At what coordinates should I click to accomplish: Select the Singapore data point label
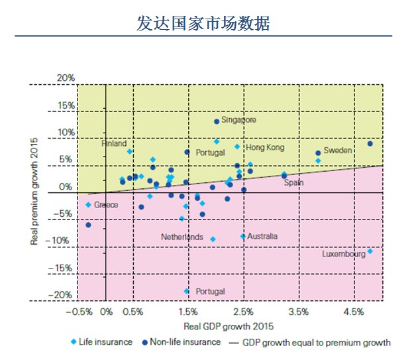pyautogui.click(x=238, y=120)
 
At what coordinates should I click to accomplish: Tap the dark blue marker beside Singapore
pyautogui.click(x=217, y=121)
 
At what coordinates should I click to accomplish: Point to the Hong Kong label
pyautogui.click(x=264, y=147)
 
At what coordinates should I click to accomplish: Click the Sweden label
pyautogui.click(x=337, y=150)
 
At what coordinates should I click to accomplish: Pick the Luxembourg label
pyautogui.click(x=344, y=254)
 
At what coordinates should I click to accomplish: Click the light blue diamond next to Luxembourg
pyautogui.click(x=370, y=251)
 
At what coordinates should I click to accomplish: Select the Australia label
pyautogui.click(x=262, y=236)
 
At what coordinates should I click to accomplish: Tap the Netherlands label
pyautogui.click(x=182, y=237)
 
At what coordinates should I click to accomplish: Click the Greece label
pyautogui.click(x=106, y=205)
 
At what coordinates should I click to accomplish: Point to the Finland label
pyautogui.click(x=114, y=143)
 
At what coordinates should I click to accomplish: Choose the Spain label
pyautogui.click(x=293, y=182)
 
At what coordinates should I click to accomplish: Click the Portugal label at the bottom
pyautogui.click(x=210, y=291)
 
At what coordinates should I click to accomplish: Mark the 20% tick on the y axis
pyautogui.click(x=66, y=78)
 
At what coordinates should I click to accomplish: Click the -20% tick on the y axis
pyautogui.click(x=64, y=295)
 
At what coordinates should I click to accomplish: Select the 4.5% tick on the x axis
pyautogui.click(x=354, y=312)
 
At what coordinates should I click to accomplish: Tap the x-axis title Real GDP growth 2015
pyautogui.click(x=228, y=326)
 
